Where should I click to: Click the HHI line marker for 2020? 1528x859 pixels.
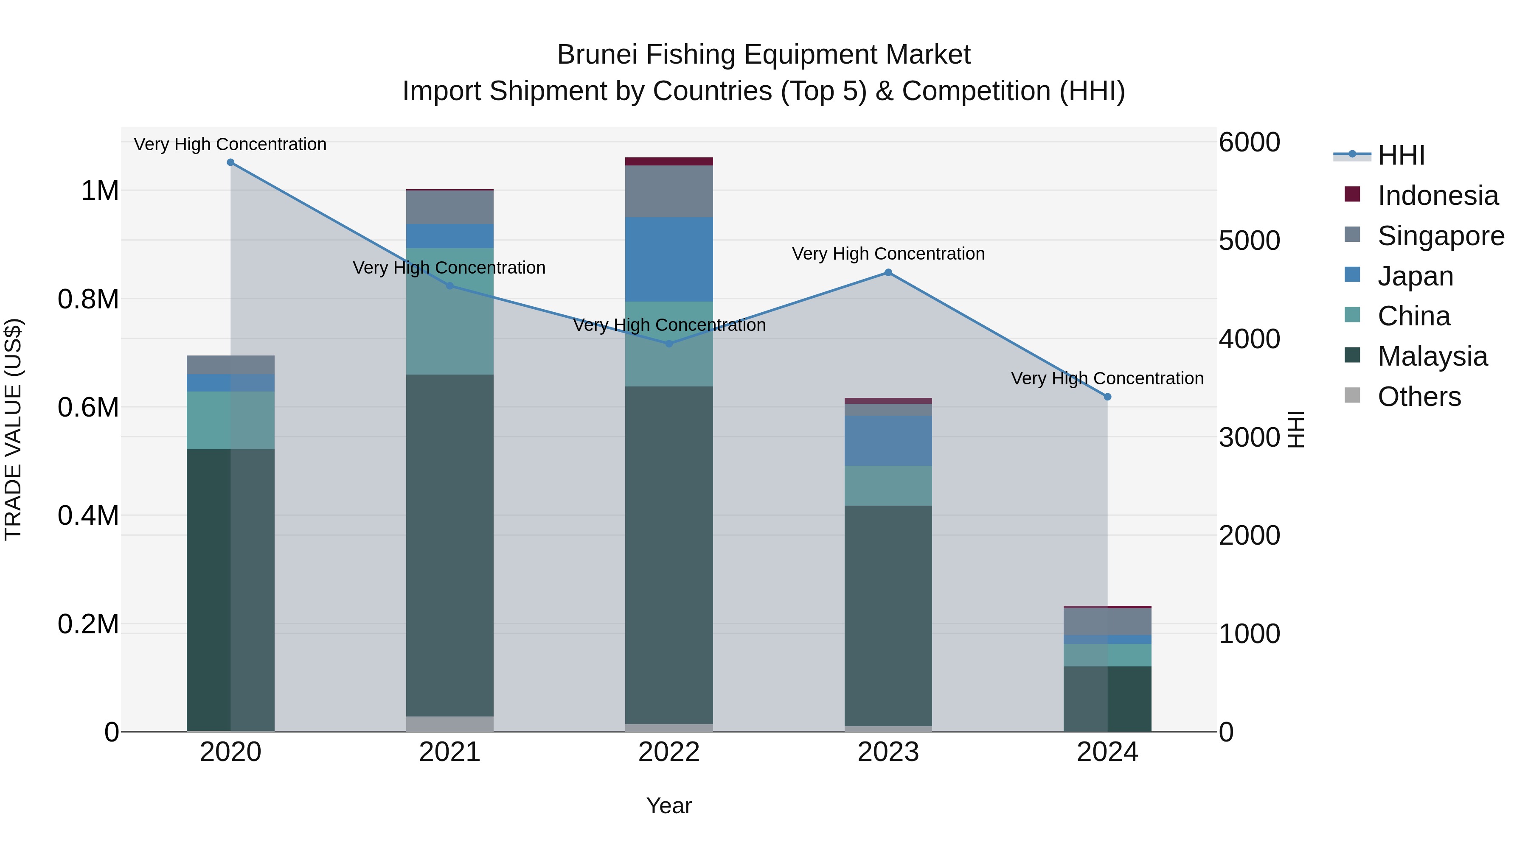point(231,162)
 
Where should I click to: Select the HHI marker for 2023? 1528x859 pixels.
point(888,273)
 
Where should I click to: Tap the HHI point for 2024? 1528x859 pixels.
point(1107,397)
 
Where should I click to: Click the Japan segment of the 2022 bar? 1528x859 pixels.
point(669,259)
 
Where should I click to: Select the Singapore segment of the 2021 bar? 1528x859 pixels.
point(449,207)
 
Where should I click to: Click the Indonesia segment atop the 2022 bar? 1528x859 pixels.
point(669,161)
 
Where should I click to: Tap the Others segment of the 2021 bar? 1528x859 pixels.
point(449,723)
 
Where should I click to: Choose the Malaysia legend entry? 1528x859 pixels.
point(1432,356)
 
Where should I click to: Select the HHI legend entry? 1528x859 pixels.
point(1401,155)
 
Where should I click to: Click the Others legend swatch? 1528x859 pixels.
point(1352,395)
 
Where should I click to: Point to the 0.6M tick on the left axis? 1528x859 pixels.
point(88,407)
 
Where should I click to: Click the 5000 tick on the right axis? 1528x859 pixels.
point(1249,241)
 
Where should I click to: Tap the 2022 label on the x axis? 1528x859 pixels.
point(669,752)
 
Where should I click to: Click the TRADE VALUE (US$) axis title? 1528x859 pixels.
point(13,429)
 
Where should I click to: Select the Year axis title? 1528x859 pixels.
point(668,806)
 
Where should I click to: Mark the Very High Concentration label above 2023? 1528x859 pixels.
point(888,254)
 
